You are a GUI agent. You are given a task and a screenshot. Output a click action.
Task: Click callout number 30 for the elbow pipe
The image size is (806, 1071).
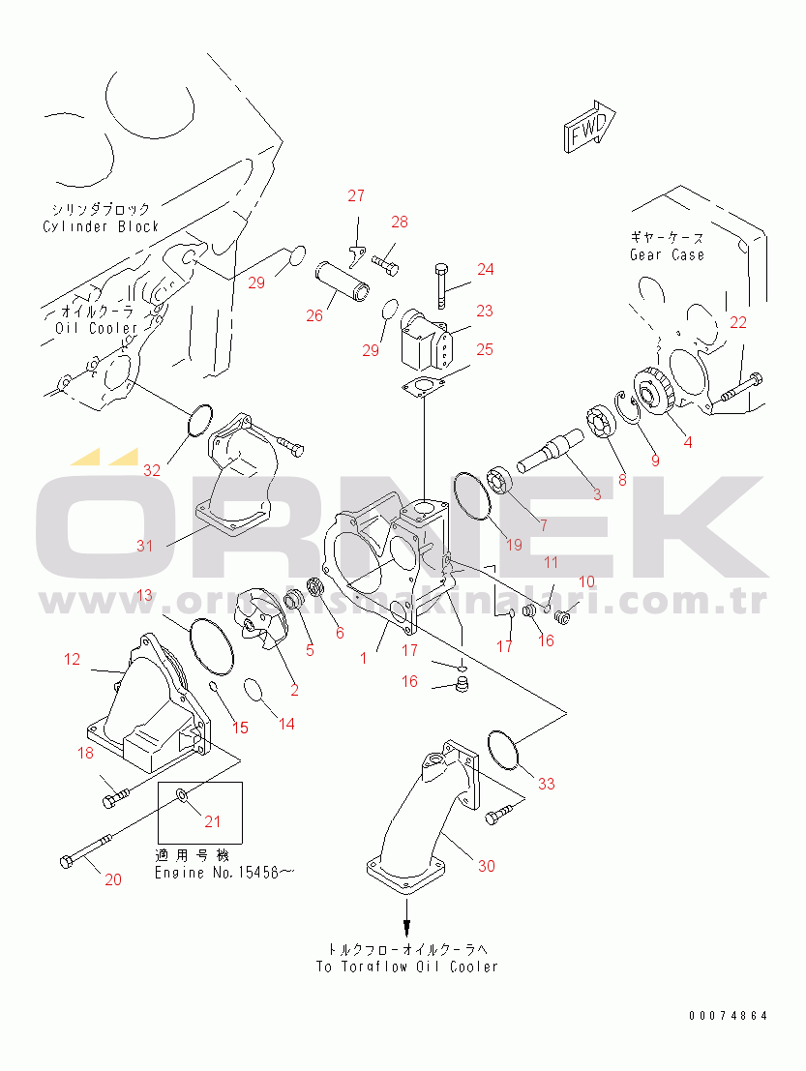(486, 866)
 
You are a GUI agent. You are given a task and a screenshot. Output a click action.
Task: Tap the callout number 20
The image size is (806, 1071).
(113, 879)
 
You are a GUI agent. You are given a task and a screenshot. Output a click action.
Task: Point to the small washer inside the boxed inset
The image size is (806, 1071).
(182, 795)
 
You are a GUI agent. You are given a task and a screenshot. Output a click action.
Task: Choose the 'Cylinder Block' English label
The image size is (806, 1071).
(101, 226)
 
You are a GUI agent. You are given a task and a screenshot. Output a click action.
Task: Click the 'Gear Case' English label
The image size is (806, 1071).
(667, 254)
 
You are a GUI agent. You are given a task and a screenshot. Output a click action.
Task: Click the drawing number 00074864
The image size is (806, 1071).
(728, 1016)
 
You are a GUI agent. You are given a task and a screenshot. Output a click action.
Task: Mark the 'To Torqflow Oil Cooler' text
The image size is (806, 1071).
(406, 967)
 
